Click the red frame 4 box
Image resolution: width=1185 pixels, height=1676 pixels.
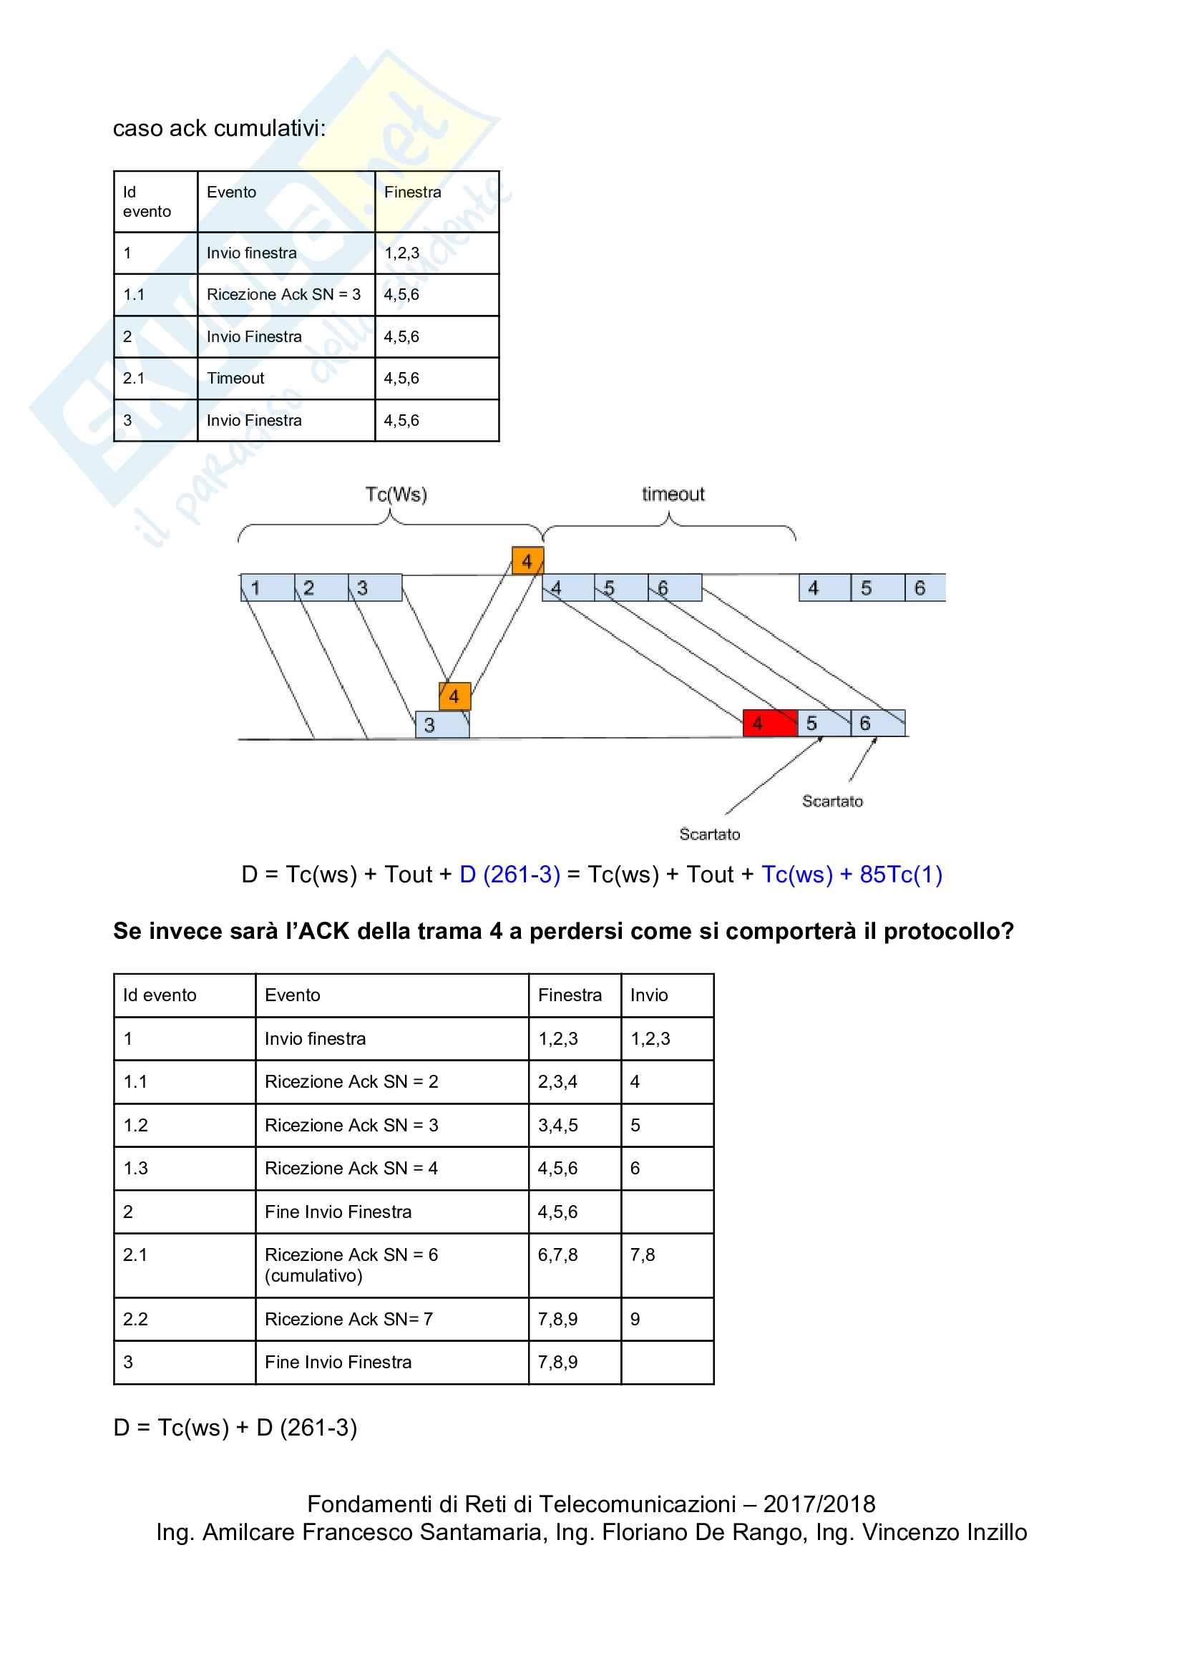click(769, 723)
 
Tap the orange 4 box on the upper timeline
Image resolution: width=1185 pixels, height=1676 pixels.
click(527, 560)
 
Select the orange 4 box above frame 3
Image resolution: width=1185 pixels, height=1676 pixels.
click(454, 696)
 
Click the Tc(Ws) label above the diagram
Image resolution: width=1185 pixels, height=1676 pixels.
click(396, 495)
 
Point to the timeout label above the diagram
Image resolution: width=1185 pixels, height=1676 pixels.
click(673, 494)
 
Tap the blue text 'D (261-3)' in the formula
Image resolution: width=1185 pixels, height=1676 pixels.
click(509, 874)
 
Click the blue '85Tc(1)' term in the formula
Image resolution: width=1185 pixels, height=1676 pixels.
click(900, 874)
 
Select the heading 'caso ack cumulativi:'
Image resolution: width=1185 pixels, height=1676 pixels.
click(219, 129)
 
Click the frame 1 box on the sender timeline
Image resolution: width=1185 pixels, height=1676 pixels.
click(267, 588)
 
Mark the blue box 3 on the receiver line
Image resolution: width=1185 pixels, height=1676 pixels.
click(442, 724)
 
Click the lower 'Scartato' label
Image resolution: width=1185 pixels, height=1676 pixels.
click(709, 834)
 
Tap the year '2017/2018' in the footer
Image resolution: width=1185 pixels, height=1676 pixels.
click(819, 1504)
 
